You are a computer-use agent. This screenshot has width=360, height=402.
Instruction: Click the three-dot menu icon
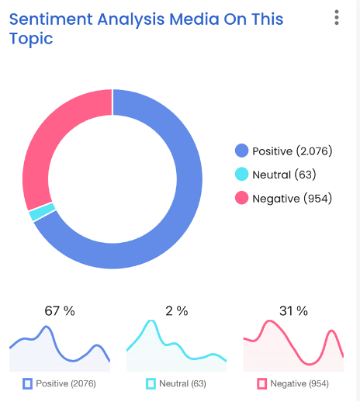coord(337,18)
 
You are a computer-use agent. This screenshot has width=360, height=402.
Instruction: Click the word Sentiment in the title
coord(51,19)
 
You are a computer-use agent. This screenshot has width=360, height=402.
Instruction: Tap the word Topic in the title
coord(31,40)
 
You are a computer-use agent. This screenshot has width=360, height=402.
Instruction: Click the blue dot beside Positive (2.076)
coord(241,151)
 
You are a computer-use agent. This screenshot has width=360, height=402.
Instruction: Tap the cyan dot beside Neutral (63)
coord(241,174)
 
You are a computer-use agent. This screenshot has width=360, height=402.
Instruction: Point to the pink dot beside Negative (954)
coord(241,198)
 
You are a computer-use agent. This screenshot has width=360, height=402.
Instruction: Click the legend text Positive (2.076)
coord(292,151)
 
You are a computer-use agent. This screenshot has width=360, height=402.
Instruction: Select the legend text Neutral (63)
coord(284,175)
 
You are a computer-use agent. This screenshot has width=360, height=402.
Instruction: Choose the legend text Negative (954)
coord(292,199)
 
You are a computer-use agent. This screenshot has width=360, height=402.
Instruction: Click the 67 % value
coord(60,311)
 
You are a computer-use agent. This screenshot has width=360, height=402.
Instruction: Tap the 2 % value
coord(177,311)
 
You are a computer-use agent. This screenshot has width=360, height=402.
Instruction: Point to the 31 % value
coord(293,311)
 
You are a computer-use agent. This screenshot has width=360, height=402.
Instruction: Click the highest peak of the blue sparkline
coord(47,327)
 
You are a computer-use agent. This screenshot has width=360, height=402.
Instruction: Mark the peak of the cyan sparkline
coord(151,321)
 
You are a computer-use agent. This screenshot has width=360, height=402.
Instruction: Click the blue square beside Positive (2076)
coord(27,383)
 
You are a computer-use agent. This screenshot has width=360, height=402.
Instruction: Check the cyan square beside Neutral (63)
coord(151,383)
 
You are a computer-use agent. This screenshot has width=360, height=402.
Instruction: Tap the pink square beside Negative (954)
coord(261,383)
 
